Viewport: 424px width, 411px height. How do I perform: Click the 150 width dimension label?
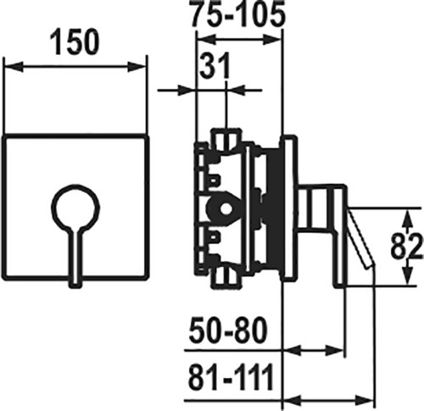click(x=75, y=42)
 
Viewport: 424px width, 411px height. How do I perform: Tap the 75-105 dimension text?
click(x=237, y=14)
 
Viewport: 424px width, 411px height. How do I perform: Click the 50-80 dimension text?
click(x=228, y=330)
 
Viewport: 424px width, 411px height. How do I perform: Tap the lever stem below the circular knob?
click(x=75, y=256)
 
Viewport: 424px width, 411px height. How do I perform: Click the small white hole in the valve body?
click(x=226, y=209)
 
